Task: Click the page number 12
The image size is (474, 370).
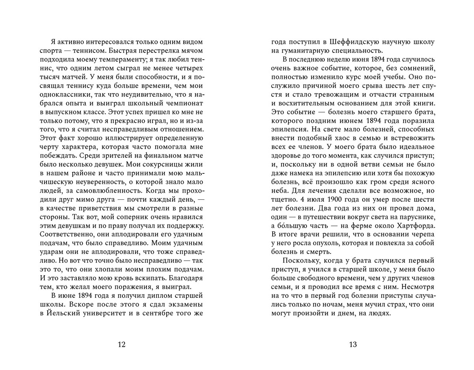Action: tap(122, 344)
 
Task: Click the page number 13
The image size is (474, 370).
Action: tap(353, 344)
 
